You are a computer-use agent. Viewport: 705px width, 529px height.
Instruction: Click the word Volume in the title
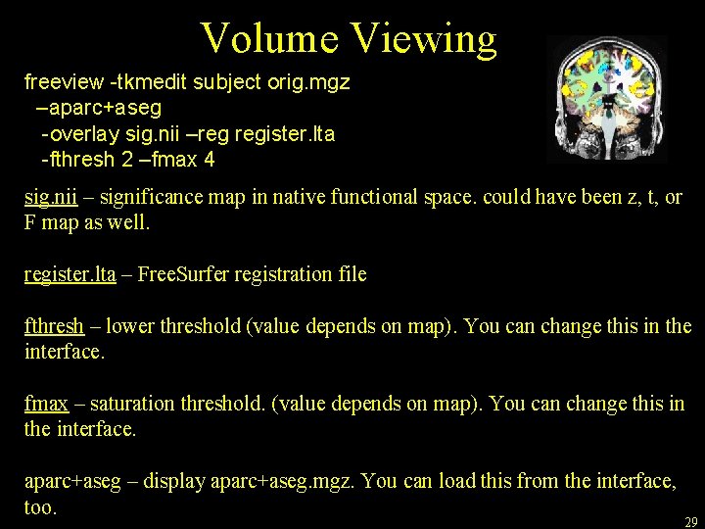[x=268, y=38]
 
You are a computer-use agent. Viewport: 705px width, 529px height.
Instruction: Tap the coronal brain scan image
[x=607, y=99]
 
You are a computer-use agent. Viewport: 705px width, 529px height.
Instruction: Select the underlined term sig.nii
[x=50, y=197]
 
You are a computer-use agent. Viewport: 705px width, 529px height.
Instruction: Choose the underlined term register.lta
[x=70, y=274]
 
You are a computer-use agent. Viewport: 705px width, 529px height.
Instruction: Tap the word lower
[x=128, y=325]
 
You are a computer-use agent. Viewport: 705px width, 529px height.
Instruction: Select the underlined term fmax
[x=46, y=403]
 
